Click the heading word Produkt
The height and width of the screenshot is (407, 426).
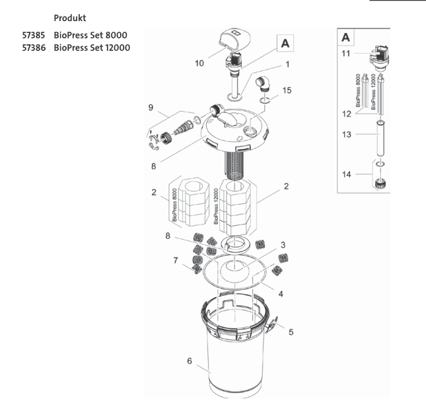pyautogui.click(x=70, y=18)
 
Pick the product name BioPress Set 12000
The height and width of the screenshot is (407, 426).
pyautogui.click(x=93, y=48)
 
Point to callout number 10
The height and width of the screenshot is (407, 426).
pyautogui.click(x=199, y=64)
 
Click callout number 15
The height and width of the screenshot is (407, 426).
pyautogui.click(x=286, y=89)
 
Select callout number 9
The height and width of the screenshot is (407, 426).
pyautogui.click(x=151, y=107)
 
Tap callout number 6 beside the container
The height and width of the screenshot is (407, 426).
pyautogui.click(x=190, y=361)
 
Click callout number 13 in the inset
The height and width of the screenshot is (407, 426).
pyautogui.click(x=346, y=134)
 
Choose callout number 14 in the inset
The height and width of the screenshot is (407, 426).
pyautogui.click(x=346, y=175)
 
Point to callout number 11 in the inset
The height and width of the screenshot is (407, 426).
pyautogui.click(x=346, y=54)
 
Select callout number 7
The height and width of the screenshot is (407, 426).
pyautogui.click(x=175, y=261)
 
